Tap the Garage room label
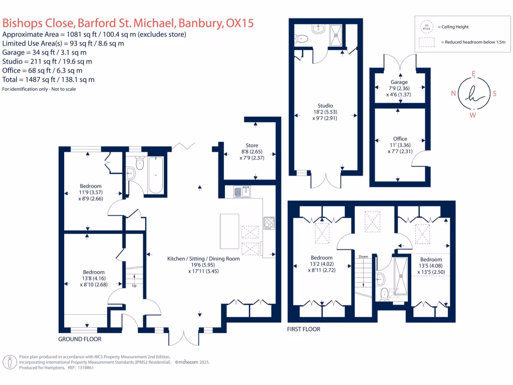399,82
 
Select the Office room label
400,139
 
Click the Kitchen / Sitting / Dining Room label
203,259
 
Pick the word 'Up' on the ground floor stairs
134,286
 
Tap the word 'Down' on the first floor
363,257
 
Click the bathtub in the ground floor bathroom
156,175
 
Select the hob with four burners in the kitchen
269,222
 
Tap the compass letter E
473,73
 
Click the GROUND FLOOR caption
80,339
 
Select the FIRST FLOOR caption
304,329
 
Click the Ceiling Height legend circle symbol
427,27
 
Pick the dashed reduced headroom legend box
427,43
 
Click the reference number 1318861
84,367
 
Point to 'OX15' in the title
240,24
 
